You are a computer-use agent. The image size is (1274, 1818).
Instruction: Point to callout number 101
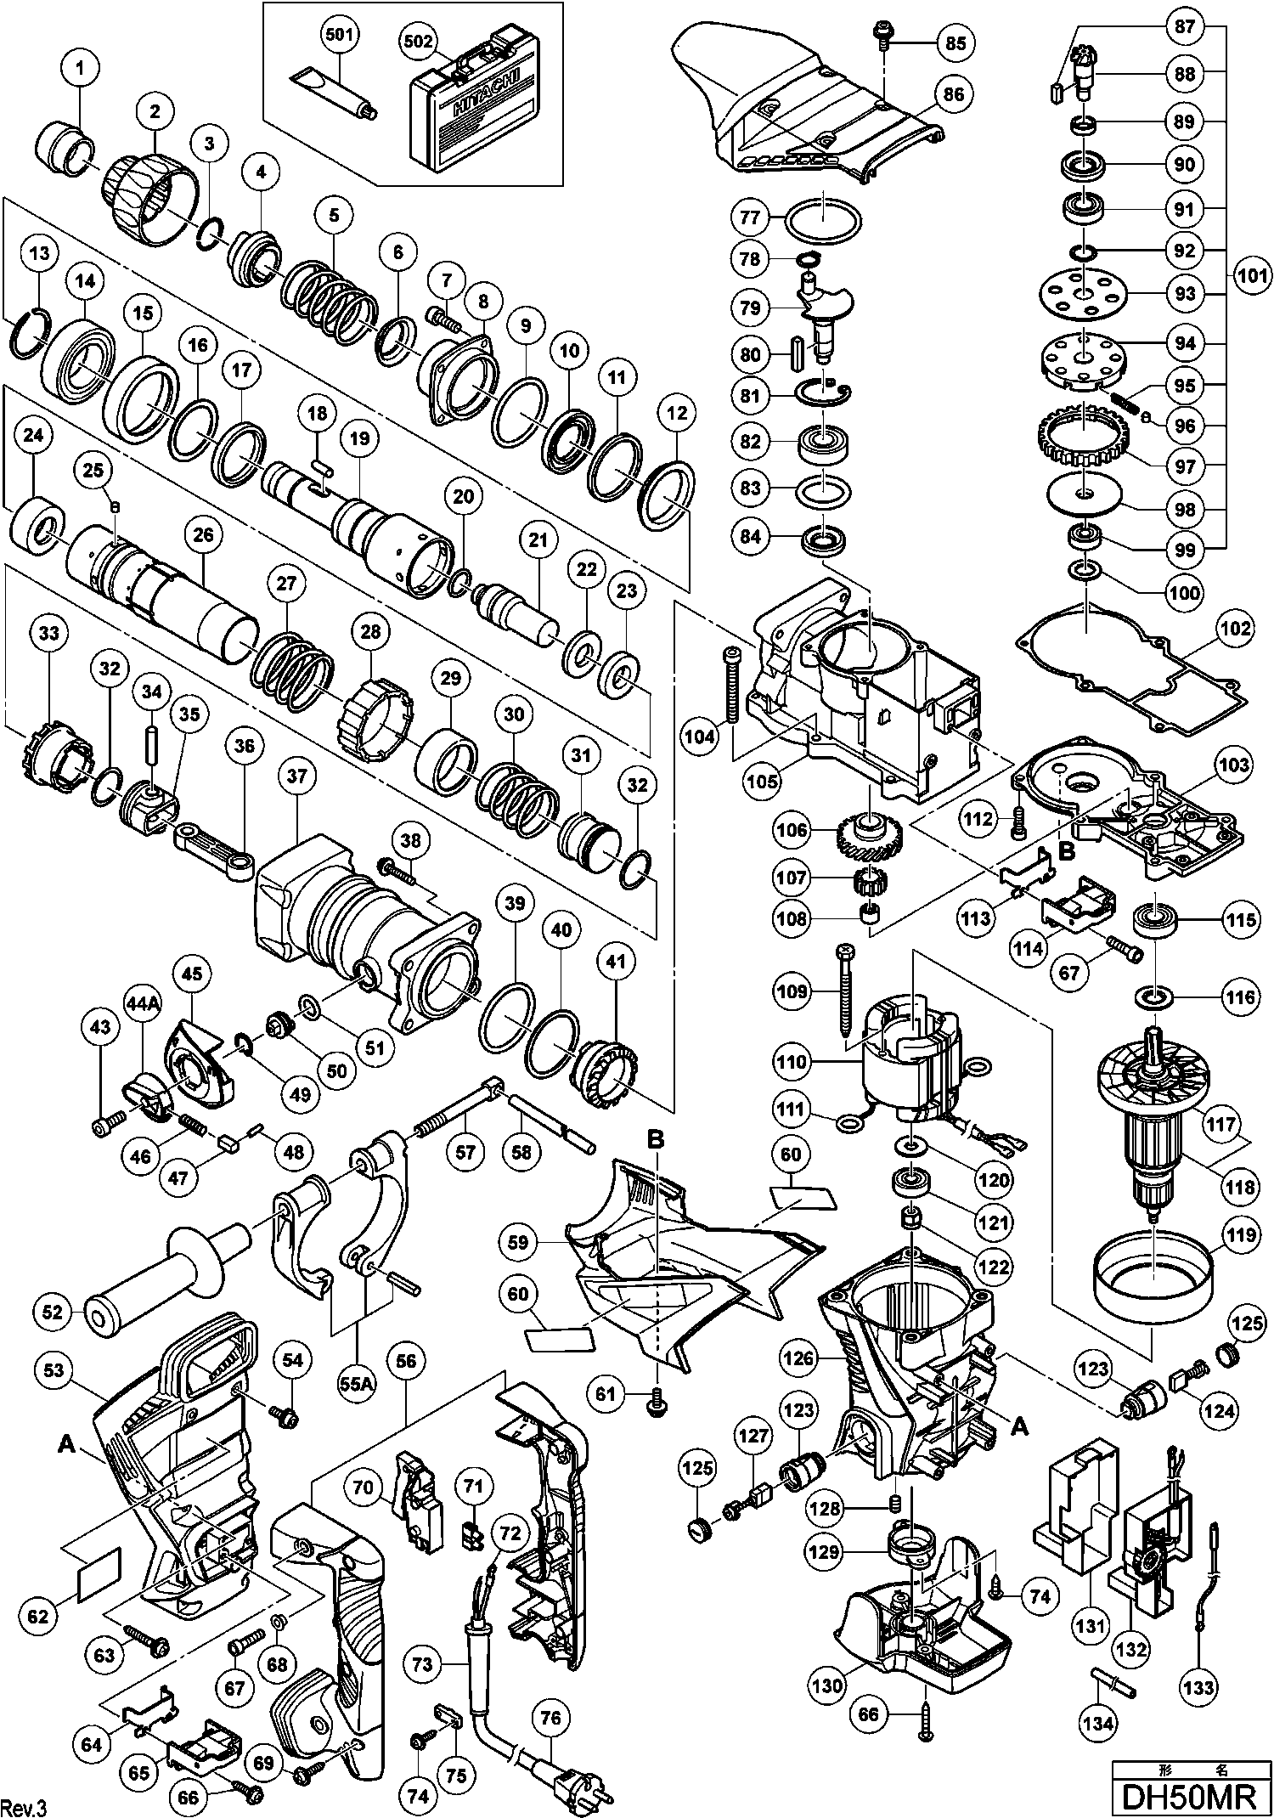click(x=1253, y=276)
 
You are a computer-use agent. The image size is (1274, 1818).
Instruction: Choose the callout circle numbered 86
click(x=954, y=95)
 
